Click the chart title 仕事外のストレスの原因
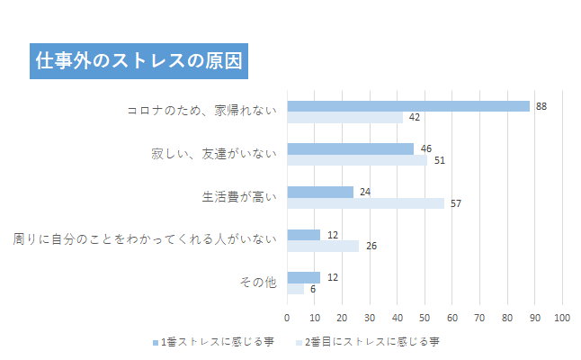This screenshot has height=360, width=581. (x=138, y=61)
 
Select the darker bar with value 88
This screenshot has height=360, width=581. (x=407, y=106)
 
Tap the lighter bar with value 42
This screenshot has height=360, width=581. (x=344, y=117)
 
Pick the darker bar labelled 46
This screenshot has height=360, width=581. (x=350, y=148)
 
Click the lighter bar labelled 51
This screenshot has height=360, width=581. (x=357, y=160)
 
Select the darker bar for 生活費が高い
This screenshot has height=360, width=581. (x=319, y=192)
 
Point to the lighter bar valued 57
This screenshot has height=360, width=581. (x=365, y=203)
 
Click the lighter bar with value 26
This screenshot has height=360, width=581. (x=322, y=246)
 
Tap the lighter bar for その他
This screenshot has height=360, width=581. (x=295, y=289)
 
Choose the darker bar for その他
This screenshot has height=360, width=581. (x=303, y=277)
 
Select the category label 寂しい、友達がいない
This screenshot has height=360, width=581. (x=213, y=154)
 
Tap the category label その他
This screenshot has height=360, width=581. (x=259, y=283)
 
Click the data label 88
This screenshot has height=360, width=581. (x=541, y=106)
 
